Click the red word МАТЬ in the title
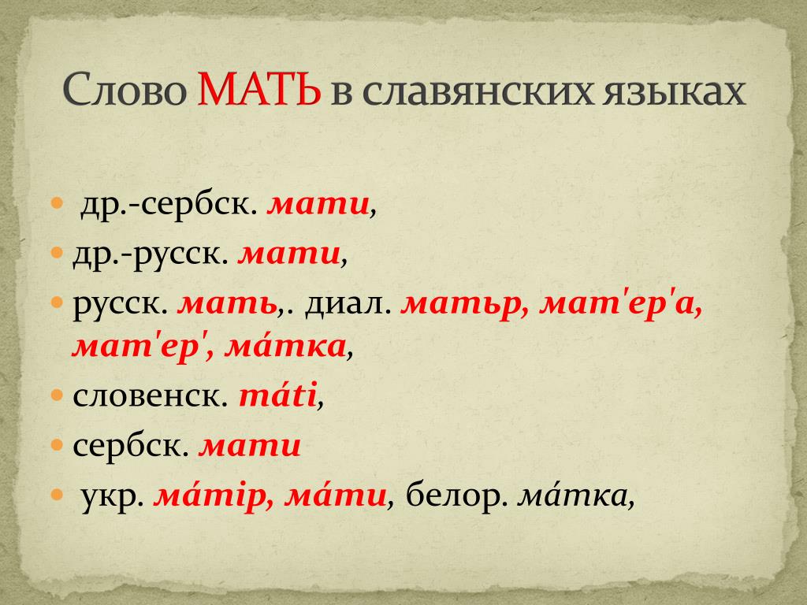coord(258,89)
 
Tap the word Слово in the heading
coord(125,90)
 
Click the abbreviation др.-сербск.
coord(169,205)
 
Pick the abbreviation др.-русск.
coord(151,254)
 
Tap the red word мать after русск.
coord(227,304)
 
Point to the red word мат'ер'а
coord(621,303)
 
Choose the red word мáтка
coord(285,346)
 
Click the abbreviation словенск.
coord(151,395)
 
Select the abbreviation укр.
coord(112,496)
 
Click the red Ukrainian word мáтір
coord(214,496)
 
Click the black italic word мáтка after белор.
coord(572,496)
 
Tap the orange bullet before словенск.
coord(57,395)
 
